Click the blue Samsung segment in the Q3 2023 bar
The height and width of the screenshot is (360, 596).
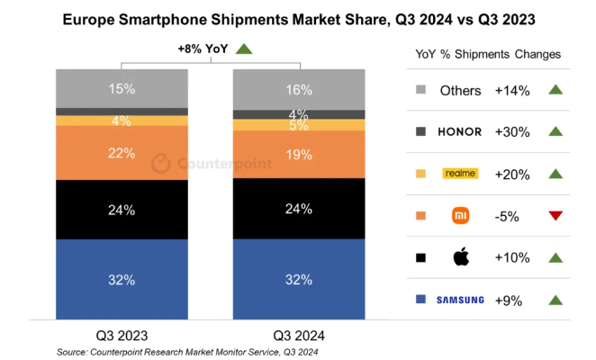(x=122, y=279)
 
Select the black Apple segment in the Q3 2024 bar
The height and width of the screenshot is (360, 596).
(x=299, y=210)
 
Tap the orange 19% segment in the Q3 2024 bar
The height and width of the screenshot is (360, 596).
(x=299, y=154)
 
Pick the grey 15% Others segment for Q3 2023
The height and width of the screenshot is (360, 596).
(x=122, y=88)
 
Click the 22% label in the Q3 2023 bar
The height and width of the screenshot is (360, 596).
(x=122, y=153)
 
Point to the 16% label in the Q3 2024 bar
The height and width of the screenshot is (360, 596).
(x=299, y=89)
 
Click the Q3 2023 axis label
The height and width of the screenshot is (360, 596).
(x=121, y=332)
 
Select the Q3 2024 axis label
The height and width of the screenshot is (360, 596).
(x=299, y=332)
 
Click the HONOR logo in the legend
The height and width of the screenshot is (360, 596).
(x=459, y=131)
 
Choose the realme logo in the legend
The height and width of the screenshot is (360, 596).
(x=459, y=173)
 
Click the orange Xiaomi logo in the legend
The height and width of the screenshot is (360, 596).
(x=459, y=215)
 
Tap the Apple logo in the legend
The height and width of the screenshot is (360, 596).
(x=459, y=257)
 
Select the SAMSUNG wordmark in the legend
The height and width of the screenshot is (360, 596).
(x=459, y=300)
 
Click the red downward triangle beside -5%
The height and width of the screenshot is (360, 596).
(x=555, y=216)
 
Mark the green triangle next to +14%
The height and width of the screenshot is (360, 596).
(x=555, y=90)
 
